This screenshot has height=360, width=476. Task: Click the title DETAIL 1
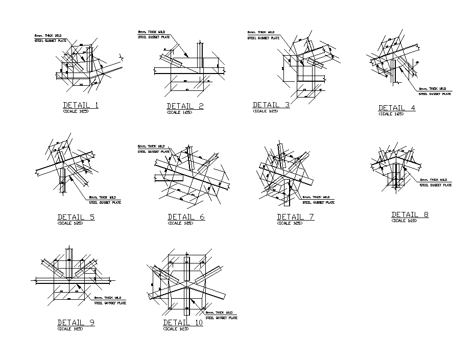pos(81,105)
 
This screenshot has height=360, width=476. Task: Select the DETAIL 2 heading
pos(185,106)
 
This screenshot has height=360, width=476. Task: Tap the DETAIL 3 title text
pos(271,105)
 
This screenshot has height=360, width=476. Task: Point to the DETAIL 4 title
pos(397,108)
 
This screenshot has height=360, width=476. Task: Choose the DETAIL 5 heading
pos(76,217)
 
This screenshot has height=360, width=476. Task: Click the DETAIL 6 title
pos(186,217)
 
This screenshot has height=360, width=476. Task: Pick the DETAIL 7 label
pos(295,217)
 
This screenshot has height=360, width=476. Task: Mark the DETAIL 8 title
pos(410,214)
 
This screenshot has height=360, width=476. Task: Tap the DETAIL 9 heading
pos(76,322)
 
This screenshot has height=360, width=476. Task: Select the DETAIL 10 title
pos(183,323)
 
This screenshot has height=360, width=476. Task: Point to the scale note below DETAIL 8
pos(404,221)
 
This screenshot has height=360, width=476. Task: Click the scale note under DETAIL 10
pos(176,329)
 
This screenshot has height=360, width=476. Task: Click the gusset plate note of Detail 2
pos(154,34)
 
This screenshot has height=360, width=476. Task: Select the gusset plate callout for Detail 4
pos(435,91)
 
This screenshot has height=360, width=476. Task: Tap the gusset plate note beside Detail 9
pos(110,300)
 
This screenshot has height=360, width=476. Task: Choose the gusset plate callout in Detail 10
pos(221,315)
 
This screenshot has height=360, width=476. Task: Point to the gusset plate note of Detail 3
pos(263,35)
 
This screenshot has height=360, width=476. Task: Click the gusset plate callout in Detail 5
pos(105,200)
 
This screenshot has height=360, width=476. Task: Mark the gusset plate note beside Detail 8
pos(435,182)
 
